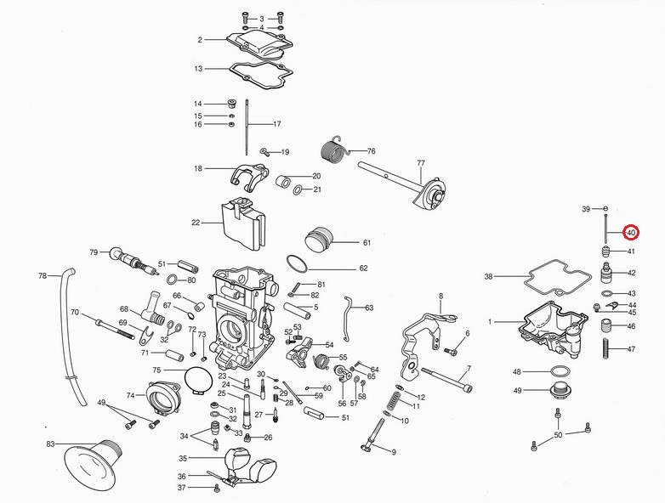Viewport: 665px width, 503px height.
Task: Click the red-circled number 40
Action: coord(630,232)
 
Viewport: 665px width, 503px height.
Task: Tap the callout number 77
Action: coord(420,162)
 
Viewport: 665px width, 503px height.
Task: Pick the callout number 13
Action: coord(198,68)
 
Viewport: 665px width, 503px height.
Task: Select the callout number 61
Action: coord(367,243)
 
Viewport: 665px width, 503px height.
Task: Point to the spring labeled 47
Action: coord(607,349)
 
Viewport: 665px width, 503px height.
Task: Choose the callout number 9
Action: coord(394,452)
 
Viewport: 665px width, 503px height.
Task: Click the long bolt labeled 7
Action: coord(441,381)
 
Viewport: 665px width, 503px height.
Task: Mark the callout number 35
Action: coord(182,458)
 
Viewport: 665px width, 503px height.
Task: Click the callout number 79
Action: coord(94,251)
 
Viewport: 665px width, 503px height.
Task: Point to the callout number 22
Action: coord(196,223)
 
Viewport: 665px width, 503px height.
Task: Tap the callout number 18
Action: coord(198,168)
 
